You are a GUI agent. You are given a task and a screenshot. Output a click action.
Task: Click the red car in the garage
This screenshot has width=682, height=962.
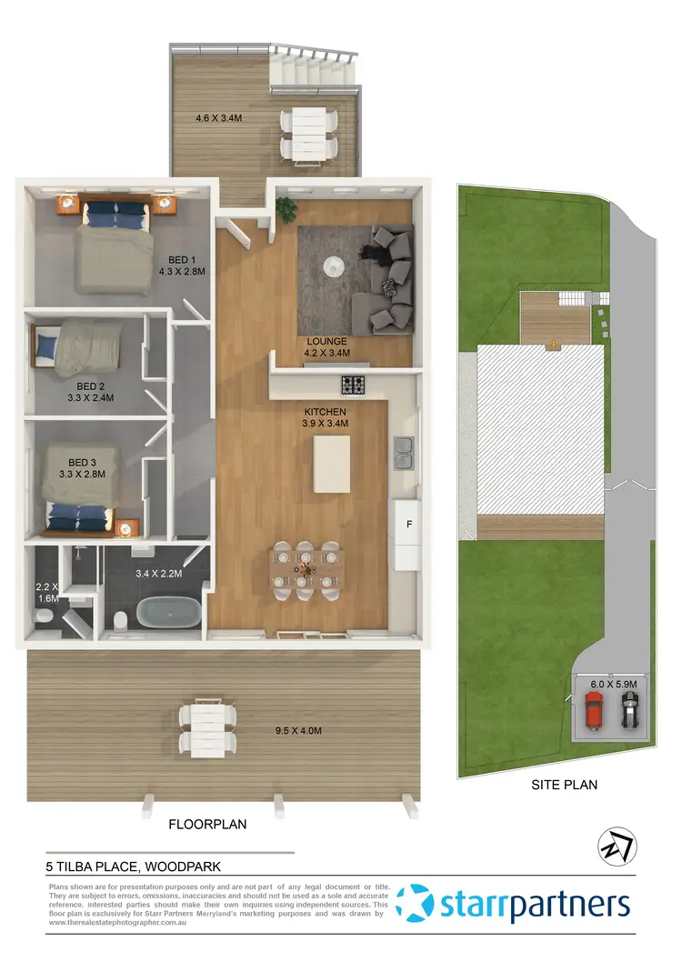(x=593, y=711)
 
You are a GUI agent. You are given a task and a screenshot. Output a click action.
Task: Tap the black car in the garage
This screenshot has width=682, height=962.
(x=628, y=711)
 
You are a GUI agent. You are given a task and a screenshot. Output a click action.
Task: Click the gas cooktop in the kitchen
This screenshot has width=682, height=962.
(x=353, y=386)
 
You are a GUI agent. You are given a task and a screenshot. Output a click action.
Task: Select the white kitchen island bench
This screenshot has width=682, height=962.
(x=333, y=463)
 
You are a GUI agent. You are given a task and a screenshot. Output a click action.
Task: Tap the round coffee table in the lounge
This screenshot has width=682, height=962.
(x=335, y=266)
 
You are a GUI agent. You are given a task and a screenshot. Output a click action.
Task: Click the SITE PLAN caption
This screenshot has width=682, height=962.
(x=565, y=784)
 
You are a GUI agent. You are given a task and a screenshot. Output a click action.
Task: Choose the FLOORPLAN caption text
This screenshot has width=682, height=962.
(x=208, y=825)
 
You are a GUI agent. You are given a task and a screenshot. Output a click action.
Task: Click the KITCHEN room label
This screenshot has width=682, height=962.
(x=326, y=411)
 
